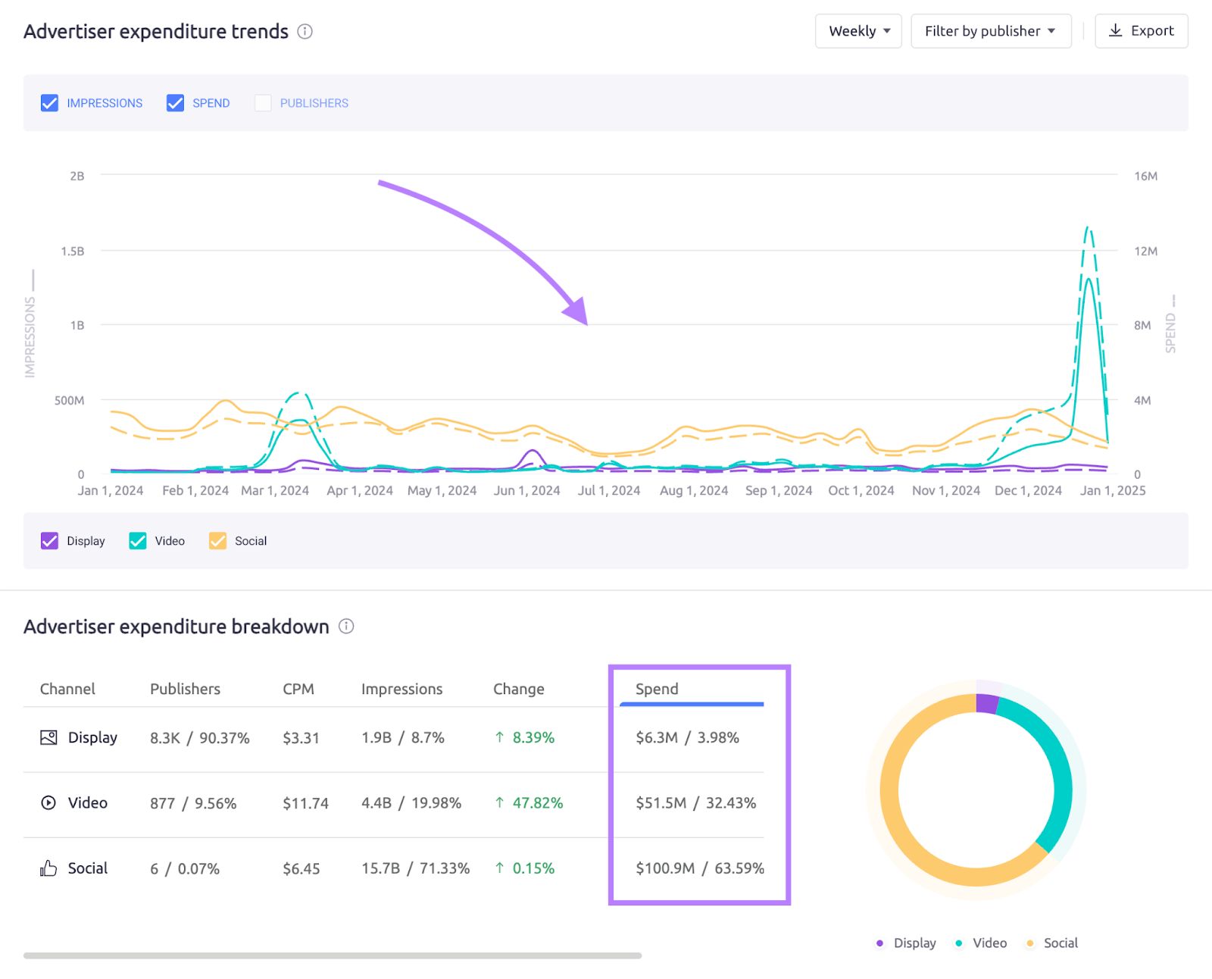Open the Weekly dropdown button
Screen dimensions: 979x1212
(x=857, y=31)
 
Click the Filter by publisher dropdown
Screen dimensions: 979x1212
(x=990, y=31)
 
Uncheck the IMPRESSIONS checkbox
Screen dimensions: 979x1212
(x=50, y=103)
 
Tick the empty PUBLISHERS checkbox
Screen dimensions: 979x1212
(x=263, y=103)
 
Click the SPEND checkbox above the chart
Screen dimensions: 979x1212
(x=176, y=103)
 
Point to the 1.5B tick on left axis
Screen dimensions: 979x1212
(x=73, y=251)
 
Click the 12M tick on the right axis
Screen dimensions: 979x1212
(x=1145, y=251)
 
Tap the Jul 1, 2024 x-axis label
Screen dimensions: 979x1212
(x=609, y=490)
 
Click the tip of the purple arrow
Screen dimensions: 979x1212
(x=586, y=324)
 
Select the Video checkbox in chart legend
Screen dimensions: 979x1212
(x=138, y=541)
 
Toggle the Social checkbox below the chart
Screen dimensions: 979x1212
(x=218, y=541)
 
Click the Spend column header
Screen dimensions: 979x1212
(x=657, y=689)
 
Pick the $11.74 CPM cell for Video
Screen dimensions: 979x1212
(x=305, y=803)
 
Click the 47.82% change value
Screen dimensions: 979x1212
(x=537, y=803)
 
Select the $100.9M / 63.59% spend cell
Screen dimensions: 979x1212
(x=699, y=868)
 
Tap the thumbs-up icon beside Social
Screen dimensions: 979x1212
(x=48, y=868)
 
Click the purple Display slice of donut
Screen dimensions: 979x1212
(x=987, y=703)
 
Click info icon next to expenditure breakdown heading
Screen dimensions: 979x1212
(x=346, y=627)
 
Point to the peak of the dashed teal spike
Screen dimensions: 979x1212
(x=1088, y=228)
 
